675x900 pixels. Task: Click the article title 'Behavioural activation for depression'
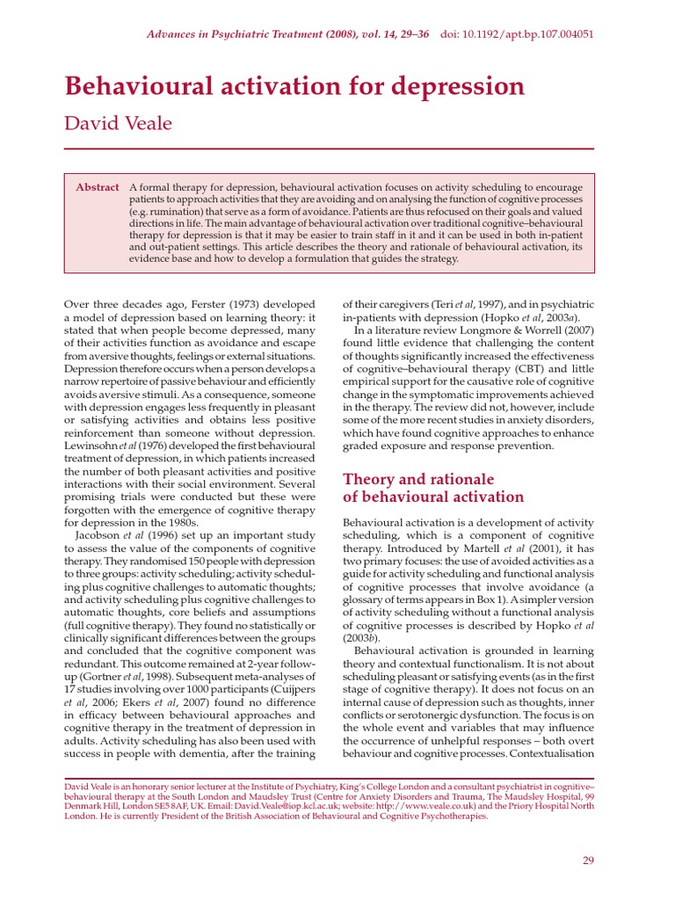point(294,87)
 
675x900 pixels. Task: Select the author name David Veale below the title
point(118,123)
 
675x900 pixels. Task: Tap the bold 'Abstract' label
point(98,187)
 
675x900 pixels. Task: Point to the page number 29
point(588,860)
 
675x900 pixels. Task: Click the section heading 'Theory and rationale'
point(417,479)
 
